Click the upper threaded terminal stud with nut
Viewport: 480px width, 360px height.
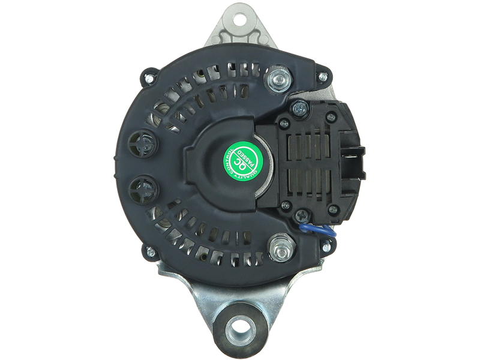point(278,80)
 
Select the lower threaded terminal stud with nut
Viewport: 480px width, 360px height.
point(280,245)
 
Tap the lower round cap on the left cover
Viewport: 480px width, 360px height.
point(143,189)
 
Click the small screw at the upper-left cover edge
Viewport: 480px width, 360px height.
point(148,77)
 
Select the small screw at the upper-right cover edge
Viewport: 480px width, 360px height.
point(322,77)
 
